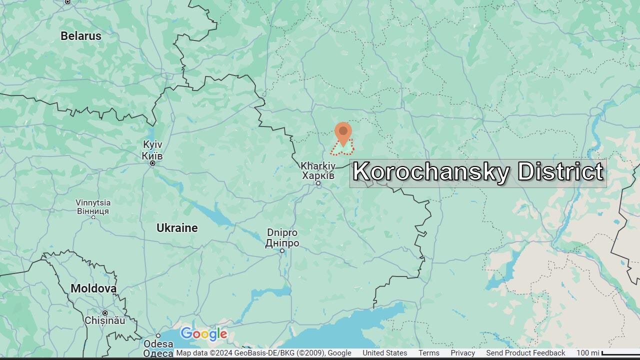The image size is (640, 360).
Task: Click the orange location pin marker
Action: click(x=343, y=133)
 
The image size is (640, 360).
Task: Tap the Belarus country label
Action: click(x=81, y=36)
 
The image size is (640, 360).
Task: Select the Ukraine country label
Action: click(x=177, y=228)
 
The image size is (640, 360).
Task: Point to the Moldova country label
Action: click(x=93, y=288)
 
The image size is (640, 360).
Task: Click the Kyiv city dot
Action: click(x=152, y=163)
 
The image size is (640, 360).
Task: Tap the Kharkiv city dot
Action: click(x=318, y=183)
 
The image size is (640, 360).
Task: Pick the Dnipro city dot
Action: click(x=282, y=251)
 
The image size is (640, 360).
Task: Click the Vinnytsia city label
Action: click(x=93, y=206)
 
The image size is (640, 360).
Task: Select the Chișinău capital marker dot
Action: click(x=105, y=313)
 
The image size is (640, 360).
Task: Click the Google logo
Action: click(x=204, y=334)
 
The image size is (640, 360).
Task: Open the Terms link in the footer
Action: click(x=428, y=353)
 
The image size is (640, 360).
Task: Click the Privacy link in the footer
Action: click(x=462, y=353)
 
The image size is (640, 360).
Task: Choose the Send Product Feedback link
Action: click(x=525, y=353)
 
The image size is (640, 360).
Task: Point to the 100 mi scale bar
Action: click(x=620, y=353)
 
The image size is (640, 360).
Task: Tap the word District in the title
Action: click(x=560, y=172)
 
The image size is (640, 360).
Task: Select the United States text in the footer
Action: click(x=384, y=353)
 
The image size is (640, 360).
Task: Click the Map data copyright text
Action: click(x=263, y=353)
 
